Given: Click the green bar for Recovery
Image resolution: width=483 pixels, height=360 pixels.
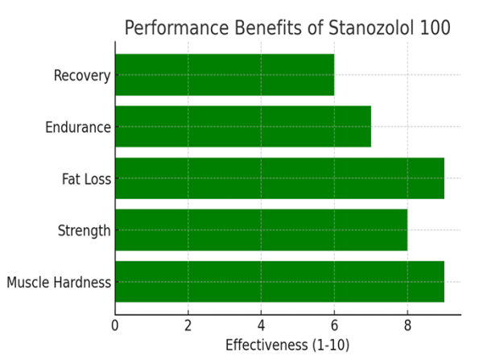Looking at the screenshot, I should tap(224, 75).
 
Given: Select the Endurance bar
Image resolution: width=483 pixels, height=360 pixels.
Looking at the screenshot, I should tap(242, 126).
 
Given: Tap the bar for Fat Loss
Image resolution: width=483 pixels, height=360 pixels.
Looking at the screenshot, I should tap(279, 178).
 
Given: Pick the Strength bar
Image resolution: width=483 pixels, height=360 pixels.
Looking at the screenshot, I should tap(261, 230).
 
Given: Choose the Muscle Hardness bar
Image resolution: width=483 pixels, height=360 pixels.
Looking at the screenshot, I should tap(279, 282).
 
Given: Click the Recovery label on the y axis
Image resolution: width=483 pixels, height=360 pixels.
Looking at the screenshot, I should tap(81, 76).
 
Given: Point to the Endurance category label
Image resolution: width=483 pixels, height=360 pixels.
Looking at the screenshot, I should tap(77, 127).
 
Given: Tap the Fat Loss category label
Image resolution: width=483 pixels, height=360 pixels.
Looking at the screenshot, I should tap(86, 179).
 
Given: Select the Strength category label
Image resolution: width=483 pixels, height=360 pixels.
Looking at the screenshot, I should tap(84, 231).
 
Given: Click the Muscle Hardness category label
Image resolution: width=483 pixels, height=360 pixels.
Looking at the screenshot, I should tap(59, 283).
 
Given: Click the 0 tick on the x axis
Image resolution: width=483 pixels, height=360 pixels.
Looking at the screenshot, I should tap(115, 326).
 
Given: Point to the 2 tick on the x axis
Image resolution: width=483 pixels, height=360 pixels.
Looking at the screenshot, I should tap(188, 326).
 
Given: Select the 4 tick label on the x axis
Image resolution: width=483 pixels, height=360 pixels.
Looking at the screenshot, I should tap(261, 326).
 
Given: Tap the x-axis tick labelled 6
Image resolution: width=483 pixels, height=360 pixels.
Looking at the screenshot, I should tap(334, 326).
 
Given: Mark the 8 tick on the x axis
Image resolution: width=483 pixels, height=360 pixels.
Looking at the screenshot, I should tap(407, 326).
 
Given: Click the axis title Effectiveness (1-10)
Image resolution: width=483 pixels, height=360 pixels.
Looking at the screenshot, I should tap(287, 346).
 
